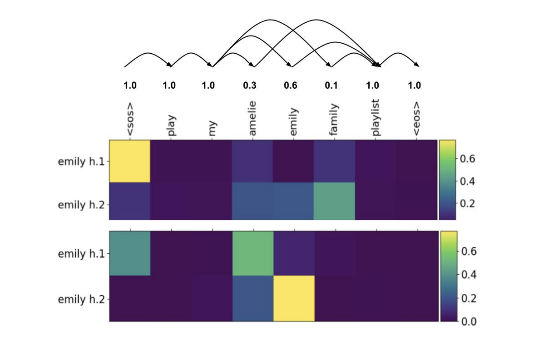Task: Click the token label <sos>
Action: click(x=130, y=119)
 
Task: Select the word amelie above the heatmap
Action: click(x=252, y=118)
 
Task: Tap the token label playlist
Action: click(x=375, y=117)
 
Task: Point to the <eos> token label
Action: click(x=416, y=119)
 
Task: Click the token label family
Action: click(x=334, y=119)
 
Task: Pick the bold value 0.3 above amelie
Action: click(x=250, y=85)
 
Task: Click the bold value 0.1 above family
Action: click(x=331, y=85)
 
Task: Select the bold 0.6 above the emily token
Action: click(x=291, y=85)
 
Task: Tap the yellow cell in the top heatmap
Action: click(x=130, y=161)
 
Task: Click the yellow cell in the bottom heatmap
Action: click(x=294, y=299)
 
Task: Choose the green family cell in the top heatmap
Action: click(x=334, y=201)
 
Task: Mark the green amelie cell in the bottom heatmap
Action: click(x=253, y=253)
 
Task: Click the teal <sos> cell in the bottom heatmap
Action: click(x=130, y=253)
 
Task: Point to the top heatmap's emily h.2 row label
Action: click(x=81, y=205)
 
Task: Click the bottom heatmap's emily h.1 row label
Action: click(x=81, y=254)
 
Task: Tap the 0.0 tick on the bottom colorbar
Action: click(x=469, y=321)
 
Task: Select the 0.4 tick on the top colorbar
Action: click(x=467, y=181)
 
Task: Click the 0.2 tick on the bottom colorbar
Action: click(x=469, y=298)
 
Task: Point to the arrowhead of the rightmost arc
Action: click(x=417, y=65)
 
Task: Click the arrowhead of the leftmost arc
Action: click(x=170, y=65)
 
